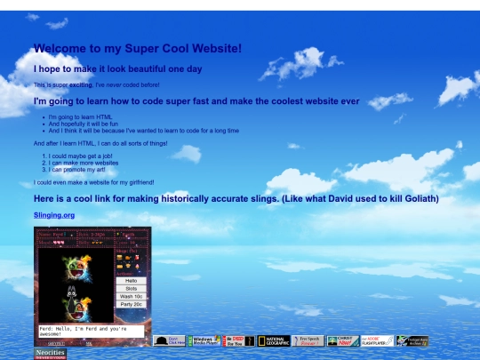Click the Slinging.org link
[54, 215]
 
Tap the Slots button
[131, 288]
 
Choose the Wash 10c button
[131, 296]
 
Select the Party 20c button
[131, 304]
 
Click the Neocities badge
[51, 354]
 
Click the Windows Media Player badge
[204, 340]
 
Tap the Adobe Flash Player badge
[377, 340]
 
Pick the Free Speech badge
[308, 340]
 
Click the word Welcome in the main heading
[61, 50]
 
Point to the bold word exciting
[81, 85]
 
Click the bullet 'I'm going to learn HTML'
[80, 117]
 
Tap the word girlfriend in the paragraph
[136, 182]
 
